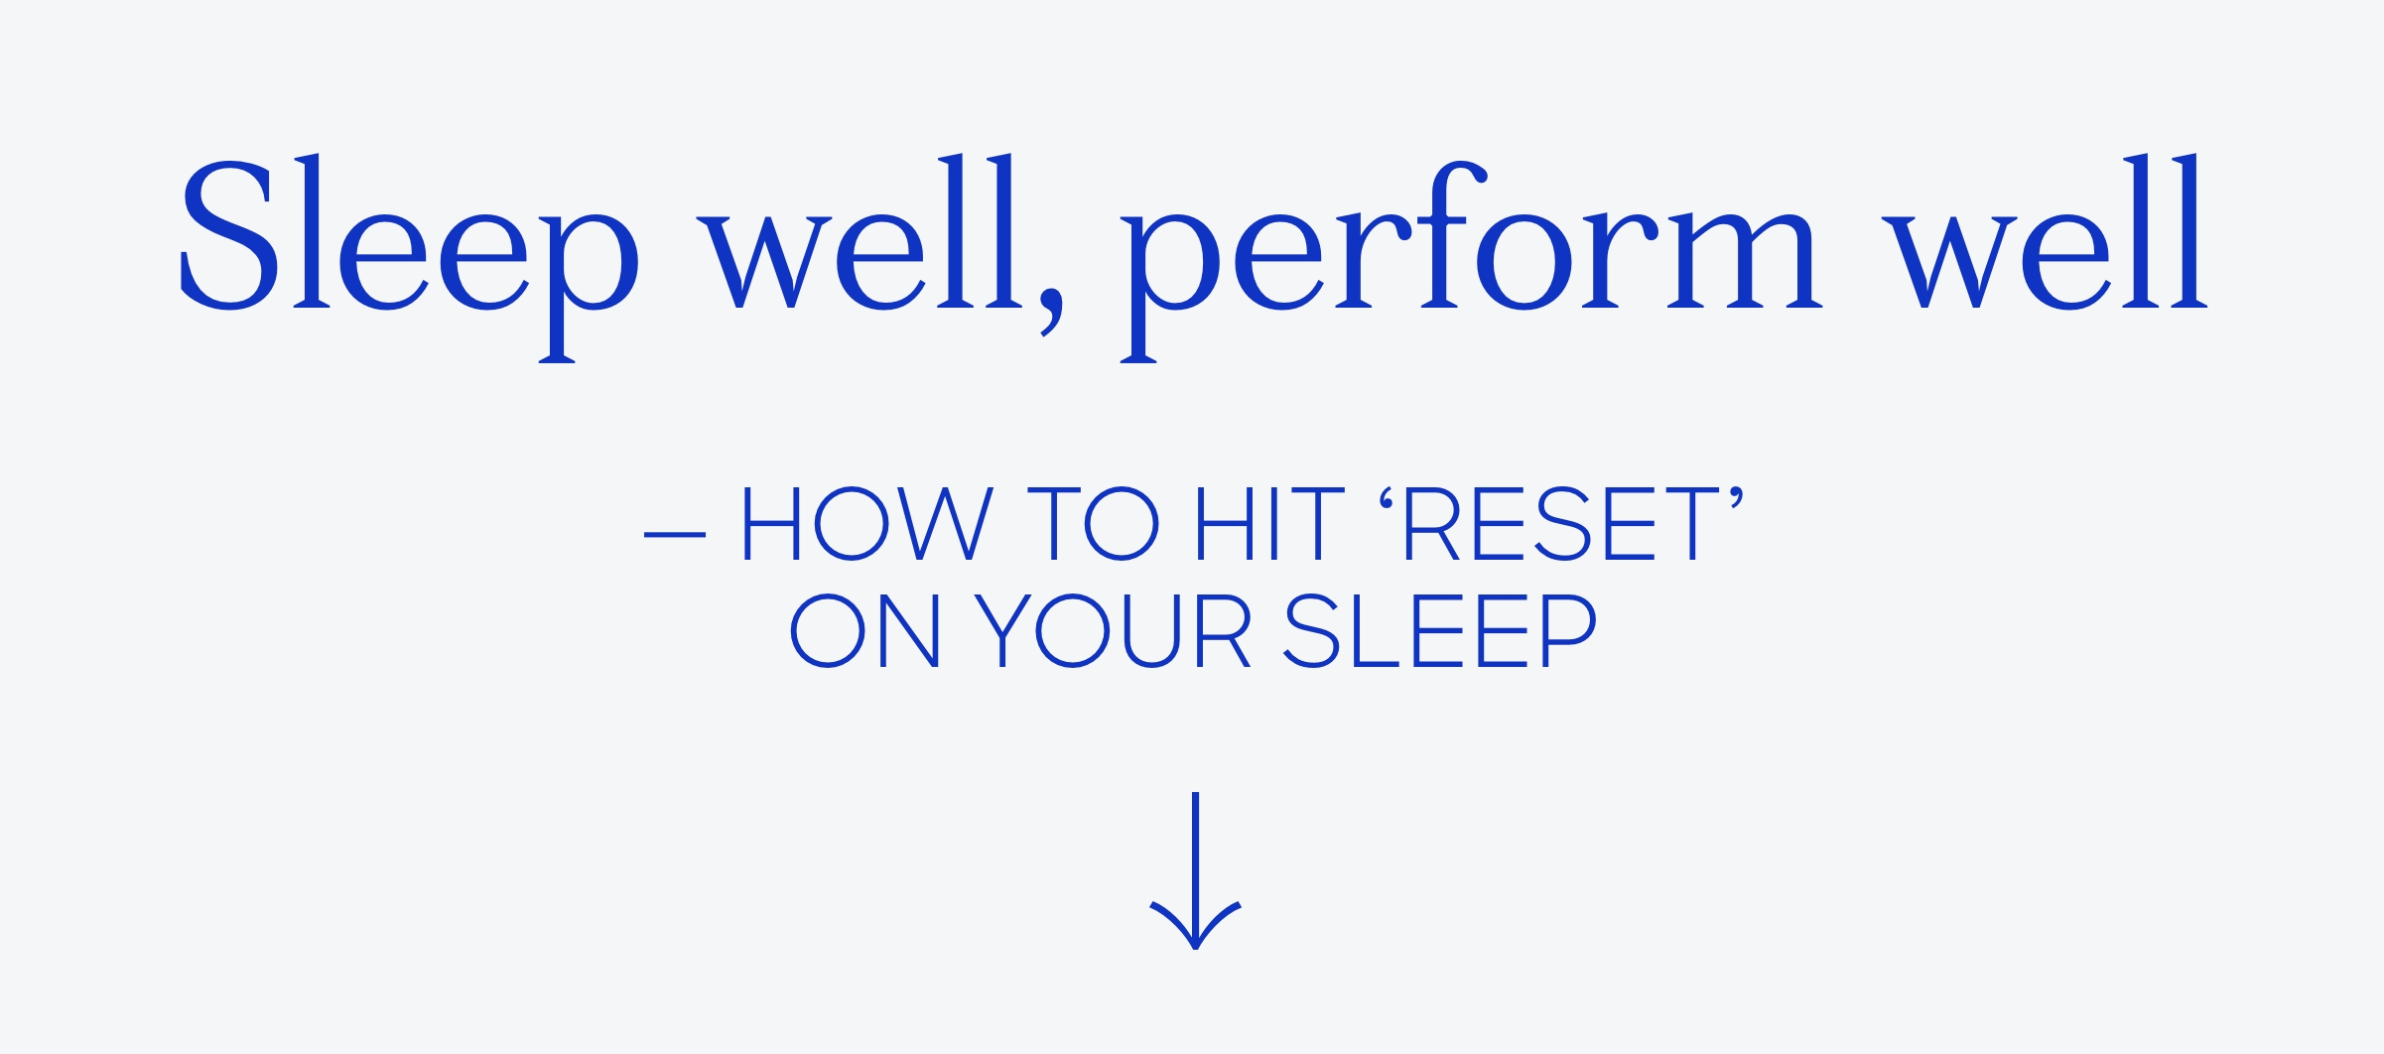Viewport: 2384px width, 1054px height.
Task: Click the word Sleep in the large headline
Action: click(x=409, y=258)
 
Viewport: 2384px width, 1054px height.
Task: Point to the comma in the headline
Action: click(x=1051, y=312)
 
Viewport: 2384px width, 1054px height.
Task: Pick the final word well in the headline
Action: click(x=2045, y=231)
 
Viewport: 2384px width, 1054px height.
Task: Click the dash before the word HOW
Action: click(x=675, y=535)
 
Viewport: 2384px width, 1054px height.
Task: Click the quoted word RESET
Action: click(x=1562, y=524)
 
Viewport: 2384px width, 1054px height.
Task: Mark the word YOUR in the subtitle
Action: click(x=1112, y=630)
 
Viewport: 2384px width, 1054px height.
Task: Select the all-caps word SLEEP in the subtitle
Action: click(x=1440, y=630)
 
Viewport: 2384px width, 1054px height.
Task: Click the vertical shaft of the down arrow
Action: click(x=1196, y=863)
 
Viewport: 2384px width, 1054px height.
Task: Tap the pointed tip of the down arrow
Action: click(x=1196, y=949)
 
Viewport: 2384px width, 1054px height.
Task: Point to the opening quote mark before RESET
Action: click(x=1387, y=498)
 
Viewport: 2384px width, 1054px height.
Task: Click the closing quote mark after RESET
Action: click(x=1737, y=498)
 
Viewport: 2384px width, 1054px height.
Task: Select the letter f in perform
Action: click(x=1445, y=234)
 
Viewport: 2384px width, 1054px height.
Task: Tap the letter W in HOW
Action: click(x=946, y=524)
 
